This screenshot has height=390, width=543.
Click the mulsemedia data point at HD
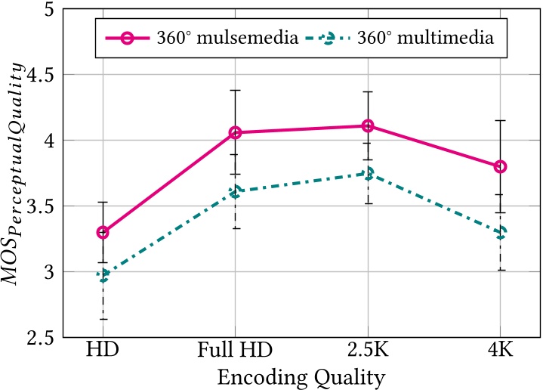103,232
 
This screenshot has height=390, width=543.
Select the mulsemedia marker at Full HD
235,133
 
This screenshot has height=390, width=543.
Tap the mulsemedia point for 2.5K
368,125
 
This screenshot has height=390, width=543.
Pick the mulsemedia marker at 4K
500,166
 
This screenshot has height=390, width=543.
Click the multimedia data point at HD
103,276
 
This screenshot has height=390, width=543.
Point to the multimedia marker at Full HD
235,192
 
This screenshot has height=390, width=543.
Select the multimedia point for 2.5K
368,174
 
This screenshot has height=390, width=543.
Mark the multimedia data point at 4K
500,233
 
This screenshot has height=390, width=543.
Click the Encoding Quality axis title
301,376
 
